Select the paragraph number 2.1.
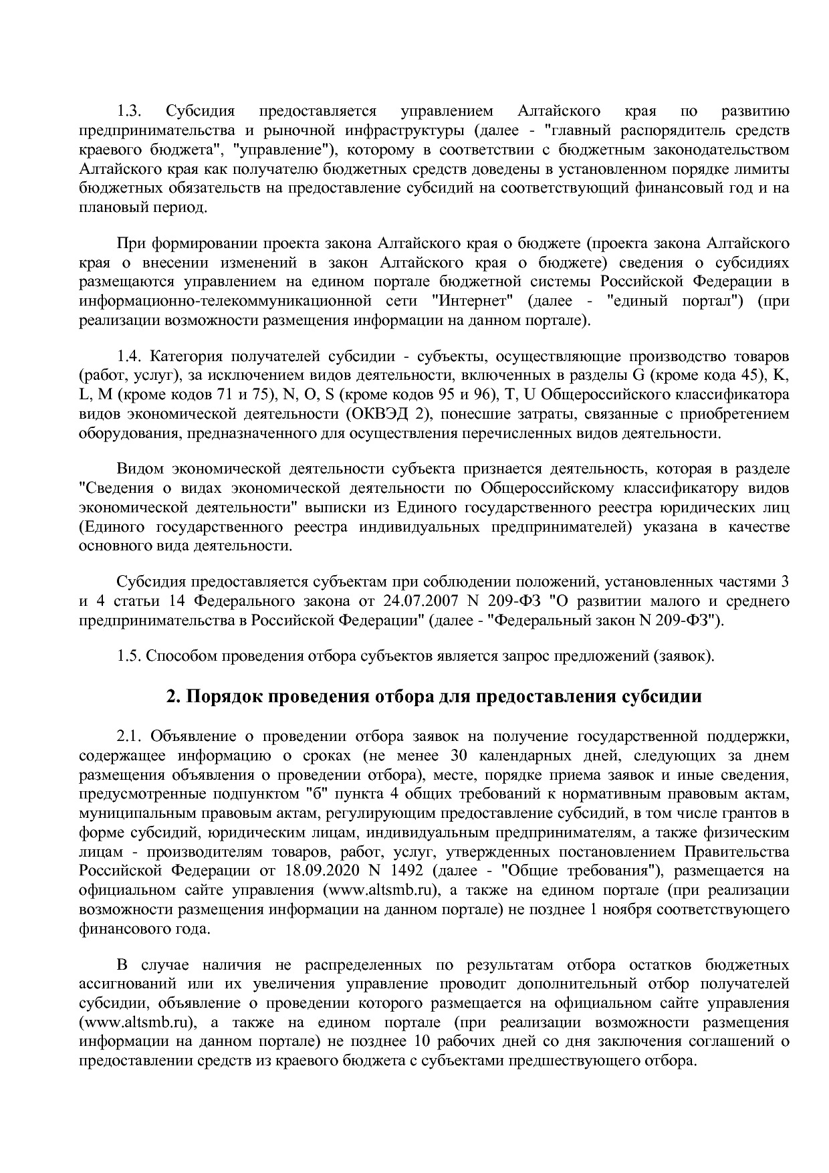(x=130, y=736)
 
